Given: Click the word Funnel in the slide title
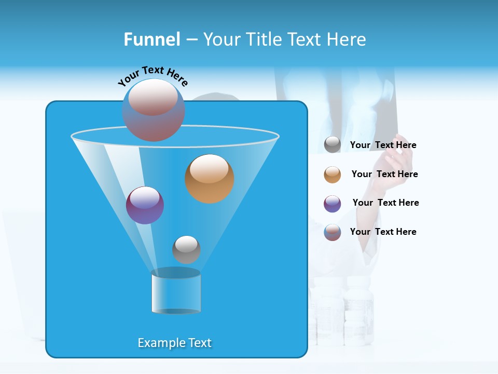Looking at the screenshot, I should coord(151,39).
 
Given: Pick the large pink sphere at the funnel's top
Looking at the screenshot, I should coord(154,110).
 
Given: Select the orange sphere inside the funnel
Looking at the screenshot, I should coord(209,178).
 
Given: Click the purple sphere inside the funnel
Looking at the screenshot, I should coord(145,205).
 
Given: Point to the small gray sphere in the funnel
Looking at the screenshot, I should coord(186,249).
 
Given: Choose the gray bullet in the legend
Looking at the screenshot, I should coord(333,145).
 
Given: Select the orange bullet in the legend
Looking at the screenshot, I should coord(333,175).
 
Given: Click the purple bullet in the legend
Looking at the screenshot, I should coord(333,204).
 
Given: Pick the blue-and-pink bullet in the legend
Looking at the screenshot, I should coord(333,232).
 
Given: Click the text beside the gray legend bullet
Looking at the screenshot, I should coord(383,145).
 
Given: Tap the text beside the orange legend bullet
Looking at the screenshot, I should coord(384,174).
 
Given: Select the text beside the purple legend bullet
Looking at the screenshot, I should coord(385,203).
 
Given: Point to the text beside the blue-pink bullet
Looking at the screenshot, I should coord(383,232).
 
